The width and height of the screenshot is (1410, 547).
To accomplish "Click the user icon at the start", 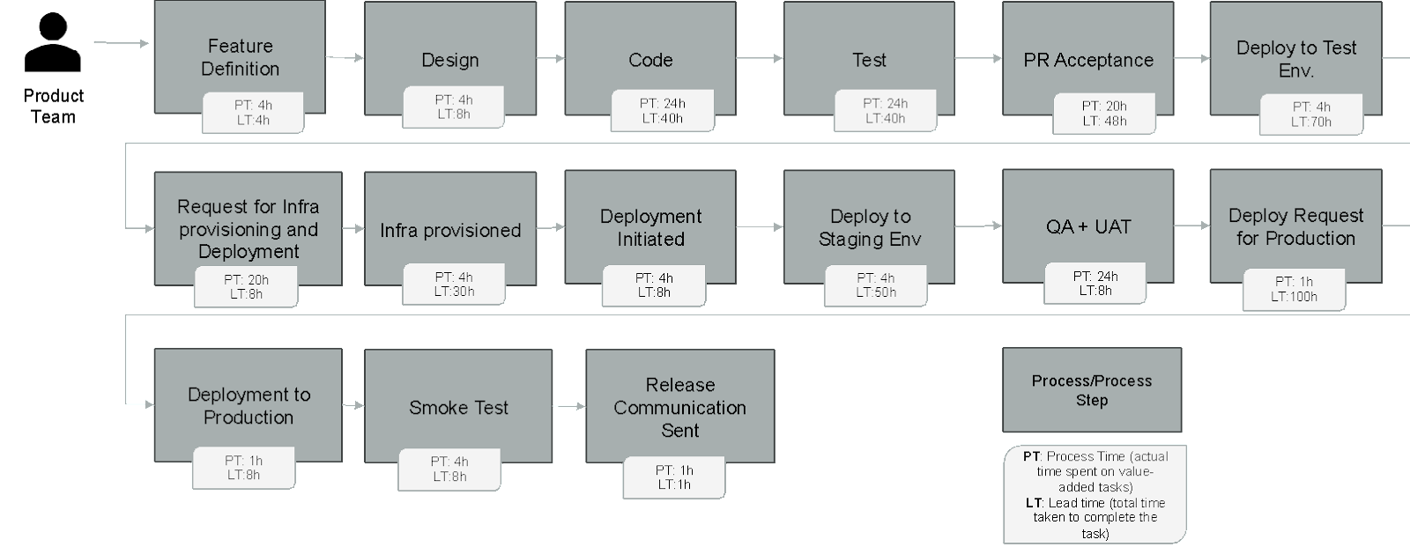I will (53, 42).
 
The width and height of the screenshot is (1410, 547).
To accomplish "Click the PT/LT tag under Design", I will (453, 107).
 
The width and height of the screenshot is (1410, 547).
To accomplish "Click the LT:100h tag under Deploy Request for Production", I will (1294, 290).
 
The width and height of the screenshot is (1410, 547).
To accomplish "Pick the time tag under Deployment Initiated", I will (654, 285).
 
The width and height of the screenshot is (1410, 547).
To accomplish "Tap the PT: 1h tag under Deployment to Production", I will (244, 468).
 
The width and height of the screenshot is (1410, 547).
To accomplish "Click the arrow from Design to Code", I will (550, 58).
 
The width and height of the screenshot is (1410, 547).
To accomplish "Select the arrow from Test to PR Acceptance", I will (978, 58).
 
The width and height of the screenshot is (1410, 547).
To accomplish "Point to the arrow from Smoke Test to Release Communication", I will (569, 406).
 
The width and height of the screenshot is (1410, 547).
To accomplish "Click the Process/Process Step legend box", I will (1091, 389).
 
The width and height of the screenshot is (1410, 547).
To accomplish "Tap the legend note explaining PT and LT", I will (1095, 494).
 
